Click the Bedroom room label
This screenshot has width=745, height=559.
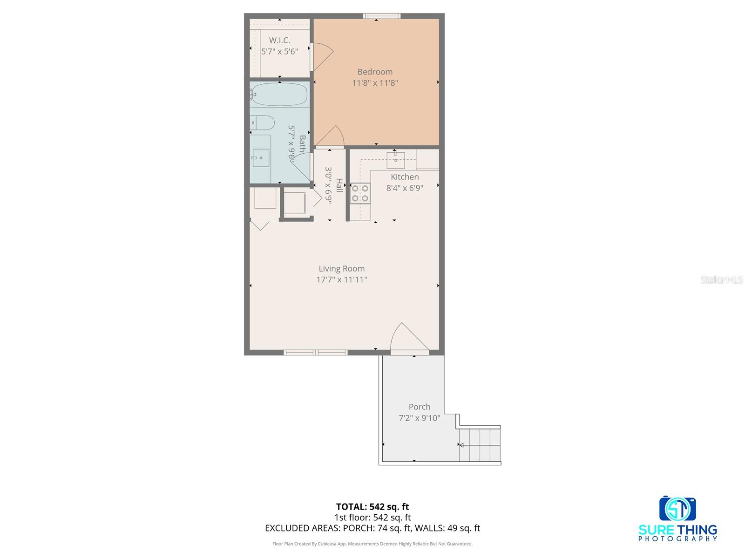(x=375, y=72)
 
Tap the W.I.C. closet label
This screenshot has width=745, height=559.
(x=279, y=41)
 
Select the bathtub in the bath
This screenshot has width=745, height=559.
(x=279, y=95)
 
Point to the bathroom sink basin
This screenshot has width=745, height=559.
(x=261, y=158)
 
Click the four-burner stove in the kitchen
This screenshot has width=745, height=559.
(x=360, y=193)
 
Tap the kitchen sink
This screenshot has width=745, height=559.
(x=395, y=159)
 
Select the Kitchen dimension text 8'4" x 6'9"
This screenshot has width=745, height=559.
(x=405, y=188)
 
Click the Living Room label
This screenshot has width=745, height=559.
(x=341, y=268)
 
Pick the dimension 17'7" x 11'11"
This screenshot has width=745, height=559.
(x=341, y=279)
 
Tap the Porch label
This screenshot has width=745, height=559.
(x=419, y=407)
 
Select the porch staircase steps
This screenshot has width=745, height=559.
(x=480, y=445)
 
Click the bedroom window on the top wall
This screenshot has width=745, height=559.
(x=382, y=16)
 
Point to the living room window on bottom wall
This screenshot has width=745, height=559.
(x=316, y=353)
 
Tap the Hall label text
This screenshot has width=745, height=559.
(x=339, y=185)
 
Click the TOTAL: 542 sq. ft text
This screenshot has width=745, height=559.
(x=372, y=506)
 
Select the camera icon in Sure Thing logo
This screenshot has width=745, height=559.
(x=677, y=509)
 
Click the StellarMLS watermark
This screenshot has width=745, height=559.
(x=722, y=279)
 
